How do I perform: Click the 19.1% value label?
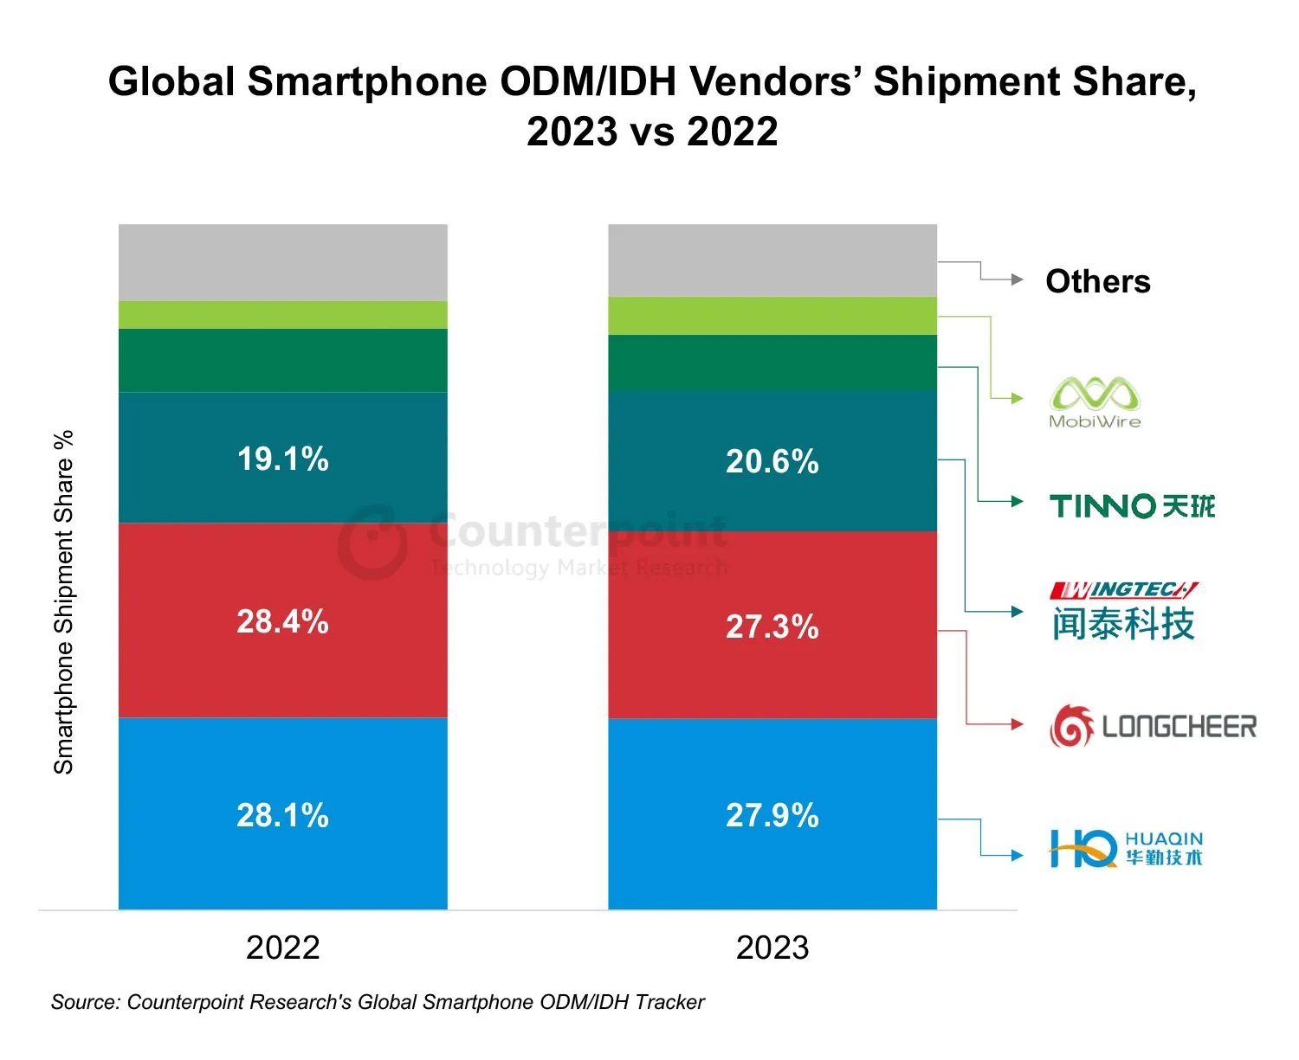tap(283, 459)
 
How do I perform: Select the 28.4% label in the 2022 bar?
tap(283, 621)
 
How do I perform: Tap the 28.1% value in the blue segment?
tap(283, 815)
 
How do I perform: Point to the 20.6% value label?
tap(772, 461)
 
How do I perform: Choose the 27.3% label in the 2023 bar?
tap(772, 626)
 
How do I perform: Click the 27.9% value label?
tap(772, 815)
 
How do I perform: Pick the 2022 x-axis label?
tap(283, 948)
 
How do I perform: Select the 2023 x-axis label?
tap(772, 948)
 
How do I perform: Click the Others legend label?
tap(1098, 281)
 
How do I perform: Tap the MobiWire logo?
tap(1095, 402)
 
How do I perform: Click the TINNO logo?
tap(1132, 505)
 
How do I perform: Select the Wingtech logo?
tap(1124, 612)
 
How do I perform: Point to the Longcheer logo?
tap(1153, 726)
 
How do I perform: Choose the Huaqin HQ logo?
tap(1126, 849)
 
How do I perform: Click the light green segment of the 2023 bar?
tap(772, 316)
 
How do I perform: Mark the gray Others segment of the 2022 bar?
tap(283, 262)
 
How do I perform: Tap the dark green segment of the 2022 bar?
tap(283, 360)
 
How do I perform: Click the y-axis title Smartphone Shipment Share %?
tap(64, 602)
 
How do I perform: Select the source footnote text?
tap(378, 1002)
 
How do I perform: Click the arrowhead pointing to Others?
tap(1018, 279)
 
